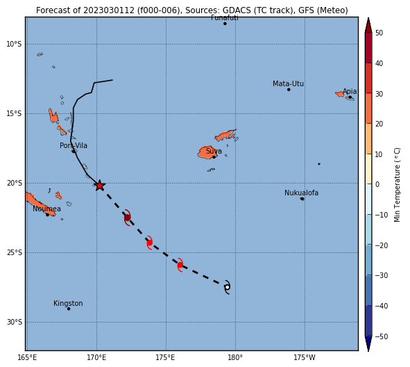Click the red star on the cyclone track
coord(100,186)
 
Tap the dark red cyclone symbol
coord(128,218)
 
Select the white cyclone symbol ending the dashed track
coord(228,287)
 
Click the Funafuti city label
coord(225,18)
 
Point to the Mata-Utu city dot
coord(289,90)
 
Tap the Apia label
coord(350,92)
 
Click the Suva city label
coord(214,151)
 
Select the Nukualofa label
coord(301,193)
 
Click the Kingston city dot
coord(69,309)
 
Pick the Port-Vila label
coord(74,146)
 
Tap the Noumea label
coord(46,209)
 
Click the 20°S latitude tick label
coord(15,183)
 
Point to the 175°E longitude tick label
coord(165,357)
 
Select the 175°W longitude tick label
coord(305,357)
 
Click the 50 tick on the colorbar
coord(379,33)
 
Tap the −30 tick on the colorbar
coord(382,275)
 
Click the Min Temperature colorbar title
coord(397,185)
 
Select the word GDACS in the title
coord(236,10)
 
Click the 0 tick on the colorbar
coord(377,184)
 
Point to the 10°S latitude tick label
coord(15,44)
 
